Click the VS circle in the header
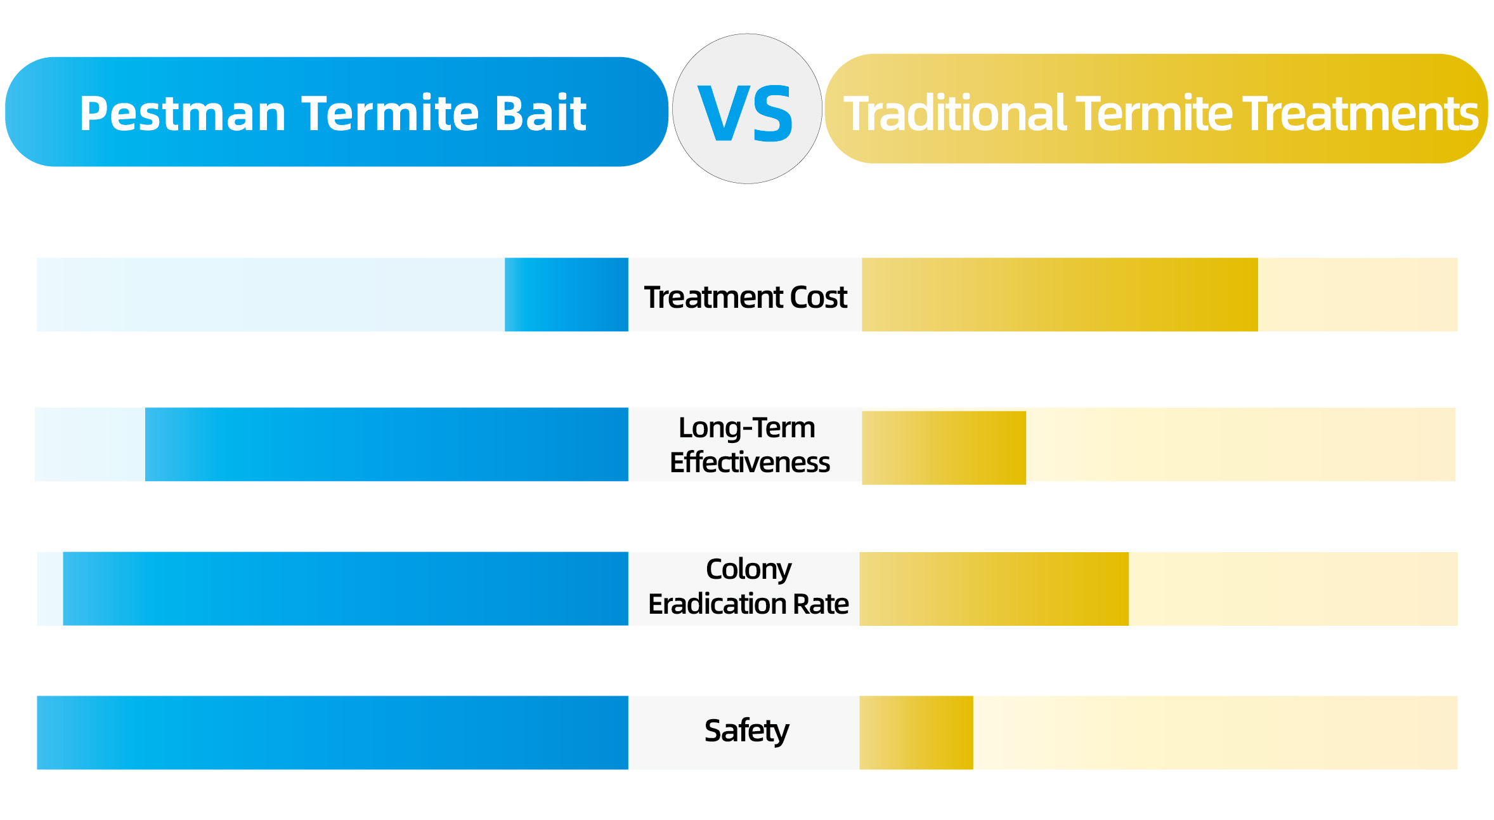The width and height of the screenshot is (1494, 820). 747,109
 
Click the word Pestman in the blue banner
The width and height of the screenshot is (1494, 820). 183,114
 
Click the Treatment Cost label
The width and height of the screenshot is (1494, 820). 746,297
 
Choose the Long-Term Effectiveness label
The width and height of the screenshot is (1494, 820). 750,445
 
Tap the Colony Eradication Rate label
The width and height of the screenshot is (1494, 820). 748,586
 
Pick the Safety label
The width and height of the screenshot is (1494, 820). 746,731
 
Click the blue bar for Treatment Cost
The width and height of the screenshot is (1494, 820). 566,294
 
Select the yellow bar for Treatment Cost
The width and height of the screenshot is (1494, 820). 1060,294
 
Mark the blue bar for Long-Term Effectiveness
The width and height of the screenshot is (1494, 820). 387,444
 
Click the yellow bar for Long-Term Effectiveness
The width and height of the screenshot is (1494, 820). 944,448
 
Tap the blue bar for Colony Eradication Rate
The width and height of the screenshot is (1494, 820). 346,588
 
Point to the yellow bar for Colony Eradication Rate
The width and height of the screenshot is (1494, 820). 994,589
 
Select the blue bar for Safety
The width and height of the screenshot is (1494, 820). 332,732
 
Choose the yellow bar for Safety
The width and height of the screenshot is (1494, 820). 916,732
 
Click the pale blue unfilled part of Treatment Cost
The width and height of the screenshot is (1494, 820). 271,294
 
